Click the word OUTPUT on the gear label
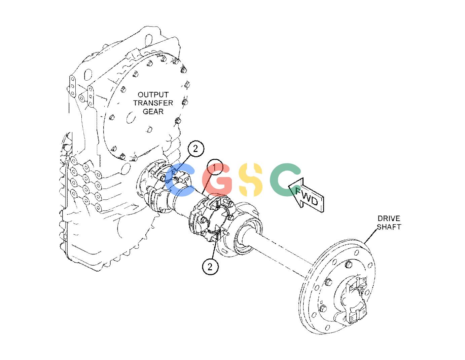click(x=153, y=95)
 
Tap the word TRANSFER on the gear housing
click(x=153, y=103)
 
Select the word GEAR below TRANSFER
click(x=153, y=111)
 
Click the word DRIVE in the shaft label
click(x=389, y=218)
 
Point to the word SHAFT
click(x=389, y=227)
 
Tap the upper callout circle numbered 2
click(x=195, y=149)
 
